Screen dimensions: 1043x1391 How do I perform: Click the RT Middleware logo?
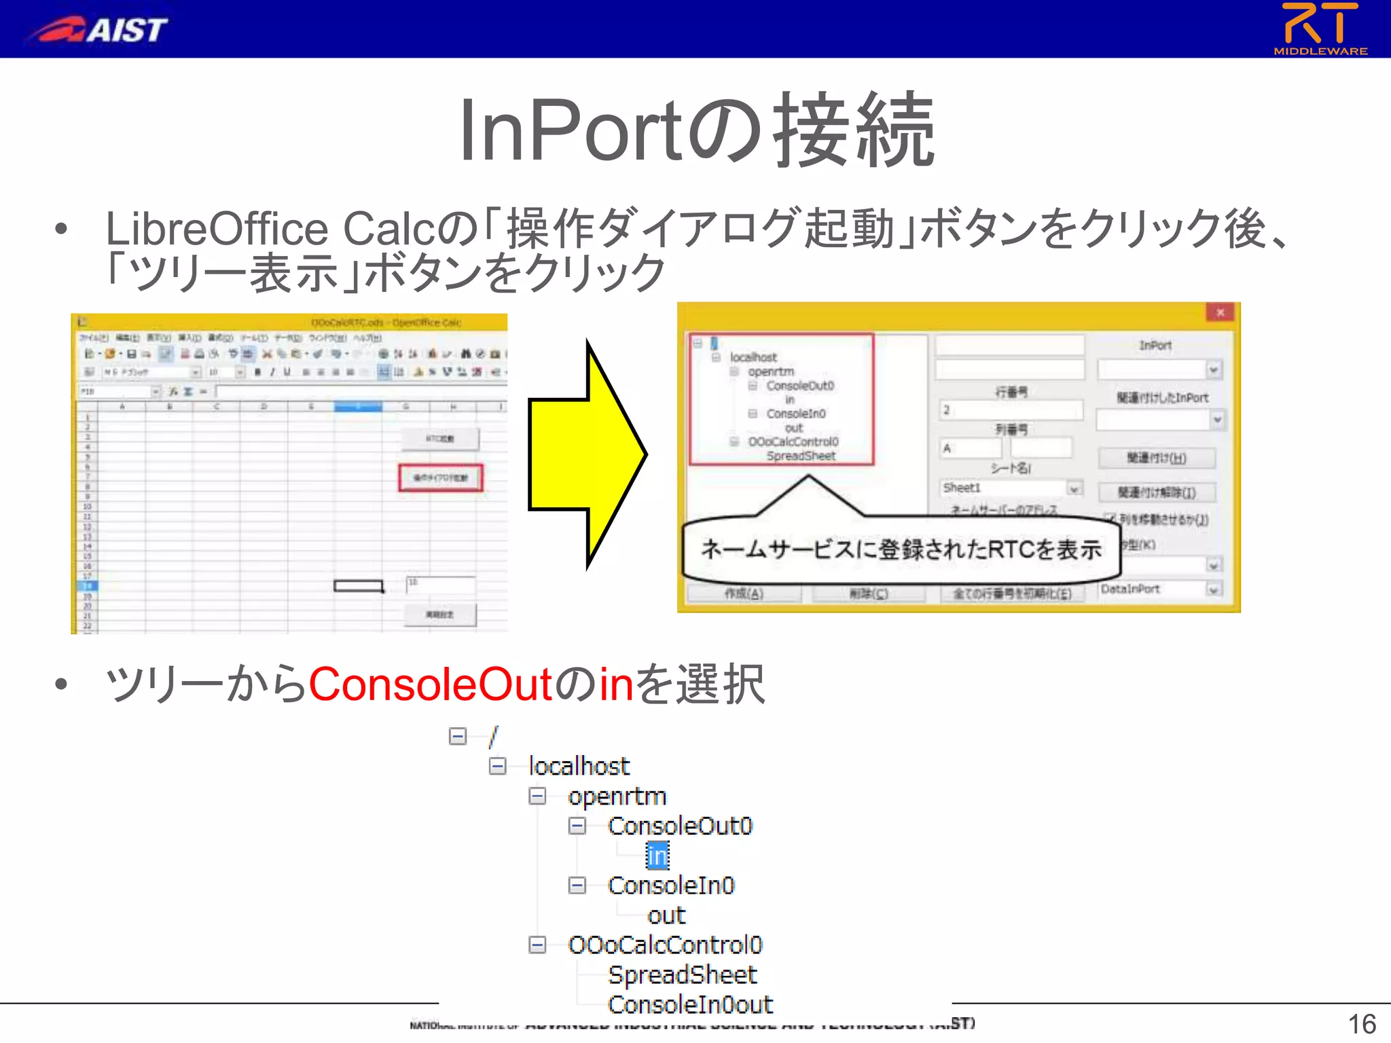[x=1320, y=29]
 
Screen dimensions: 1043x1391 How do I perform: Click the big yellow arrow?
[x=587, y=454]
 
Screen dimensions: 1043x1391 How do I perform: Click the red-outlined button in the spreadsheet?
[x=441, y=477]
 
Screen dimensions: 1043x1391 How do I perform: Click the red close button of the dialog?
[x=1220, y=312]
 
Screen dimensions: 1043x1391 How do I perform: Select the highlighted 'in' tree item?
[x=657, y=856]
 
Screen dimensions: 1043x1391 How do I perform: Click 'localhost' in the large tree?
[x=579, y=767]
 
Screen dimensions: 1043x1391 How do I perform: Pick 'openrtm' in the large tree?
[x=617, y=797]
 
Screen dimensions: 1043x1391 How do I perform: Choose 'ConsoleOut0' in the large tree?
[x=680, y=826]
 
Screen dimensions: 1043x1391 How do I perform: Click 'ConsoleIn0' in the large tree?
[x=671, y=885]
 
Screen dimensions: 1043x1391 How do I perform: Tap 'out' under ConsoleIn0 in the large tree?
[x=666, y=915]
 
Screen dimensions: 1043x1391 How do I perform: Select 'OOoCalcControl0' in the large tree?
[x=665, y=945]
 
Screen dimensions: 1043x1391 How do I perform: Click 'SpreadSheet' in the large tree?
[x=682, y=975]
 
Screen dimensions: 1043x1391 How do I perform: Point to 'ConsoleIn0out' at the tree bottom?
[x=690, y=1004]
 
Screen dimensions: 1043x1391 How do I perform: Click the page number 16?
[x=1361, y=1024]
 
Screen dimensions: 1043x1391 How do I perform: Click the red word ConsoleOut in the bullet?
[x=429, y=684]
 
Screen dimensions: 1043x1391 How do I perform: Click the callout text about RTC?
[x=901, y=549]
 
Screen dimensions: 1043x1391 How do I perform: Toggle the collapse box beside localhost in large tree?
[x=498, y=767]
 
